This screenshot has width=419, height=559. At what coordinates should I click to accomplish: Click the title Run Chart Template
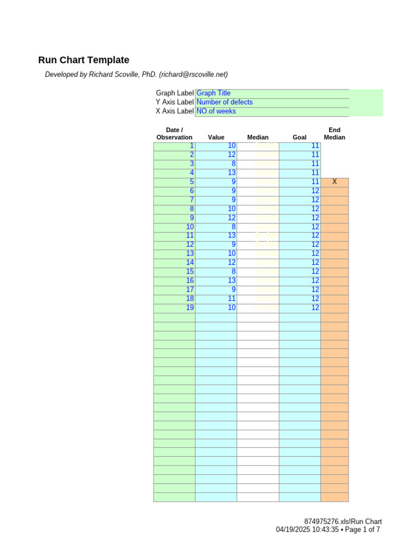83,60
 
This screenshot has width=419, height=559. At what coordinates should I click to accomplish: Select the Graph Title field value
213,93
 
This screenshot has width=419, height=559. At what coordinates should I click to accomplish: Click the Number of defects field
224,102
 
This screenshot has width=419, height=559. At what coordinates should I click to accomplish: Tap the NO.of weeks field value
216,111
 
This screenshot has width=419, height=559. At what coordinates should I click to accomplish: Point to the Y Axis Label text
174,102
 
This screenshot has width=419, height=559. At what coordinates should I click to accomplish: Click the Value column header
216,138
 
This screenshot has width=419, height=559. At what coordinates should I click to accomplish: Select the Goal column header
300,138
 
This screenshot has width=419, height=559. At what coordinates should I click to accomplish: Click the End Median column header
334,134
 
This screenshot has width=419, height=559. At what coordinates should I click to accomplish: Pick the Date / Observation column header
175,134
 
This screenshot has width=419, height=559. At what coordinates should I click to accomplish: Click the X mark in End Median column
335,182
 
